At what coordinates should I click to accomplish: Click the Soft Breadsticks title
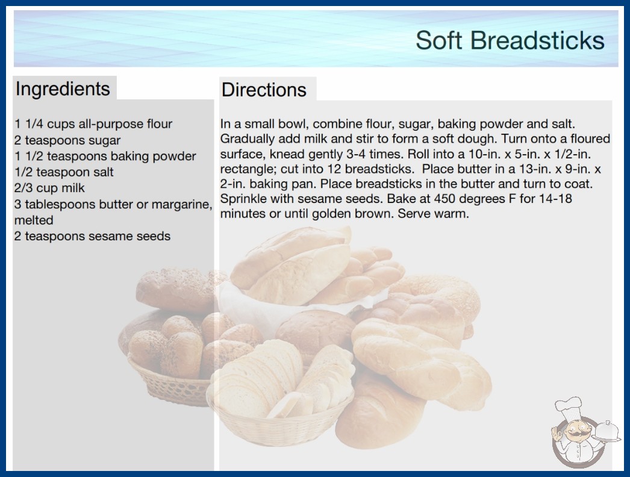tap(510, 40)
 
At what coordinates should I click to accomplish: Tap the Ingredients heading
tap(63, 89)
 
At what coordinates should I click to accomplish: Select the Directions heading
tap(264, 90)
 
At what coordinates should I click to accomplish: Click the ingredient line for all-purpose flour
tap(93, 124)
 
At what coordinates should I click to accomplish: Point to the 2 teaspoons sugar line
tap(67, 140)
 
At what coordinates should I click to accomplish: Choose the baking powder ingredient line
tap(105, 156)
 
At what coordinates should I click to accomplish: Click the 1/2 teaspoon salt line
tap(64, 172)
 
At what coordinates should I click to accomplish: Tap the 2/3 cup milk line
tap(49, 188)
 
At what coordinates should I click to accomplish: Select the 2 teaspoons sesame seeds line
tap(92, 236)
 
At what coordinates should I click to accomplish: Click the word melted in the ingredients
tap(34, 220)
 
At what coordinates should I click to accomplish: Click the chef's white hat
tap(569, 407)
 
